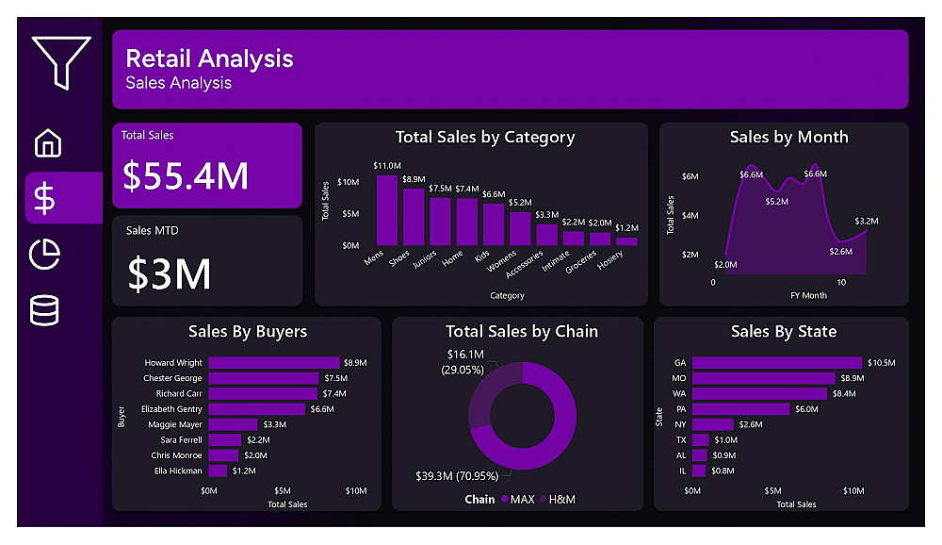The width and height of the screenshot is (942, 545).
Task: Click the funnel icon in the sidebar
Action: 60,61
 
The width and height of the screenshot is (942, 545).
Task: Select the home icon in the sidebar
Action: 48,143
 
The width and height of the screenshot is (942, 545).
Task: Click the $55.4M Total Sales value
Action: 187,175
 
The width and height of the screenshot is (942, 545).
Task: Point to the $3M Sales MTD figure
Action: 170,273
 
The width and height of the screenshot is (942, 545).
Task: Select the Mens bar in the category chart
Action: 387,209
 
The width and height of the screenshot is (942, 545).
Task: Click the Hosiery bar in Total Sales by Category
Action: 626,240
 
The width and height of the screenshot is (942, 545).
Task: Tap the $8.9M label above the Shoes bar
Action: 414,179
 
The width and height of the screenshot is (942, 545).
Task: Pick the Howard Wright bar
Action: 273,362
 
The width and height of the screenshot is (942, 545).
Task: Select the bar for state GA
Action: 776,362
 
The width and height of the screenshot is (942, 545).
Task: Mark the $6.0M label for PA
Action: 807,409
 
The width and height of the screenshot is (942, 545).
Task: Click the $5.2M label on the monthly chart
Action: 776,202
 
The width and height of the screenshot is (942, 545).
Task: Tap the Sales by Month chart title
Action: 788,137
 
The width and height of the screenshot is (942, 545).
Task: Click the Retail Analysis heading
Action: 209,58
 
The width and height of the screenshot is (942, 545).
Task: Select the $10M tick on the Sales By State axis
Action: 853,490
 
